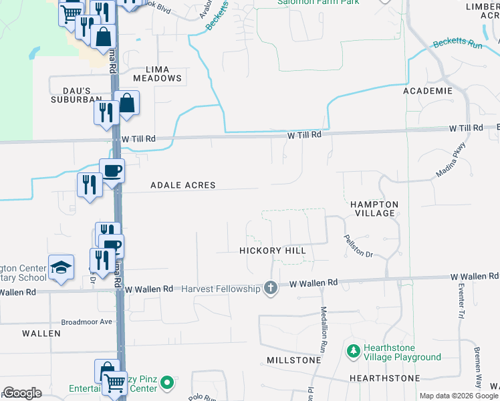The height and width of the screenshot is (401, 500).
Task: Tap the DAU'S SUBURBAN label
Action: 75,95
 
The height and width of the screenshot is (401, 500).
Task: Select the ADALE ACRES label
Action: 182,184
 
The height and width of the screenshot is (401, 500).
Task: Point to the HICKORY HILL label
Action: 273,251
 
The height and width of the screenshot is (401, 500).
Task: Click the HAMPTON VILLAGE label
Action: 374,209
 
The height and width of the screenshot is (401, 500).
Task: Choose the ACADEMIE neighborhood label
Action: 428,90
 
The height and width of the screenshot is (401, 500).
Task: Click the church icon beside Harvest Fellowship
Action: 271,289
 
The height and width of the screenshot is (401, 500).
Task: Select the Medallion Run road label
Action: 324,325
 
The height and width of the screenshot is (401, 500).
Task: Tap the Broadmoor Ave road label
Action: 88,321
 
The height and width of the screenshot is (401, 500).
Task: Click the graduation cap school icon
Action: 61,267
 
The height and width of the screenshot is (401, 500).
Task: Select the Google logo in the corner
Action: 23,393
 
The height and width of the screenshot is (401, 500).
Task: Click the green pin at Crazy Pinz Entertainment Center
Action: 167,383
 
